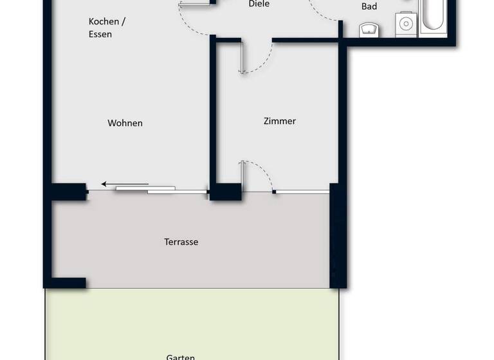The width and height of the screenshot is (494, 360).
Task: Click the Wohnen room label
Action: coord(125,123)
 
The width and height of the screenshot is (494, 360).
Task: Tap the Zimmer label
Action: coord(280,121)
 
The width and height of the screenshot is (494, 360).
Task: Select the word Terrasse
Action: coord(181,242)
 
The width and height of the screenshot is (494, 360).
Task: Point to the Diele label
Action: coord(259,4)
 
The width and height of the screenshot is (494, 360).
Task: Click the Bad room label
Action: coord(369,6)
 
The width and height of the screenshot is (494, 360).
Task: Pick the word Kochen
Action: coord(104,21)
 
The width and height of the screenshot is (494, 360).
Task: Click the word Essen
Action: coord(100,34)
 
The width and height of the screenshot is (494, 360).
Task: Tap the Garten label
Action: coord(181,356)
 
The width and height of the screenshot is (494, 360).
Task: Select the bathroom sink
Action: coord(369,29)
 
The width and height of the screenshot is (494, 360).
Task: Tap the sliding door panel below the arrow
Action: coord(161,190)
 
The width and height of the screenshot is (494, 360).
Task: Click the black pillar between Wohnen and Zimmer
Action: coord(225,192)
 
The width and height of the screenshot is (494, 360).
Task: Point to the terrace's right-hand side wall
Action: coord(338,238)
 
